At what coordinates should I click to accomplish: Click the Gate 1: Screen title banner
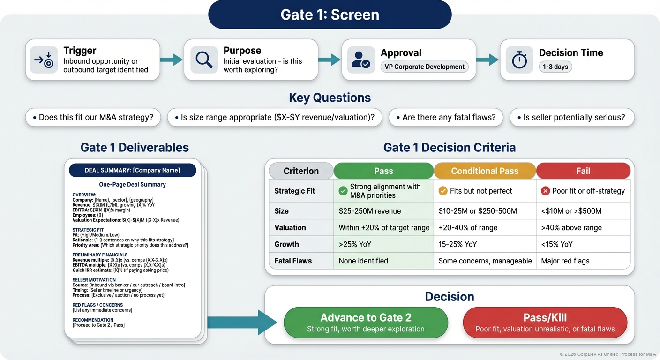(x=330, y=15)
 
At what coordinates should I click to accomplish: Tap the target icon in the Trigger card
(x=44, y=60)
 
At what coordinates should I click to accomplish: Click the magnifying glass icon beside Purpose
(x=204, y=60)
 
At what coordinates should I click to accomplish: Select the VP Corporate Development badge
(x=424, y=67)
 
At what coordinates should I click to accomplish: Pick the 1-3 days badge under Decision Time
(x=555, y=67)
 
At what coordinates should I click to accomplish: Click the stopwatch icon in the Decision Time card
(x=519, y=60)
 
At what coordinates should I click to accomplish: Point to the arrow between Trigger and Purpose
(x=171, y=59)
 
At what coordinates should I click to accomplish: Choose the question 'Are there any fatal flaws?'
(x=446, y=117)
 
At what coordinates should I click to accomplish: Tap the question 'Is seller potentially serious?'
(x=571, y=117)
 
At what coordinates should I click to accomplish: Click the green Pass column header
(x=383, y=171)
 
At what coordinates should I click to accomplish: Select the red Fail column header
(x=583, y=171)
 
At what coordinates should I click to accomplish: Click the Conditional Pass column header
(x=485, y=171)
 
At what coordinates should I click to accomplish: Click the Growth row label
(x=287, y=244)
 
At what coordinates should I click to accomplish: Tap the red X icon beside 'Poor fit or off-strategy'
(x=545, y=191)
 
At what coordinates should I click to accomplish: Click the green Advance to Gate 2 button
(x=366, y=322)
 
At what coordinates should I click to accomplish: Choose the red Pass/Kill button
(x=545, y=322)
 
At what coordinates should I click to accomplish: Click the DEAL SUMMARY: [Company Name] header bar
(x=132, y=170)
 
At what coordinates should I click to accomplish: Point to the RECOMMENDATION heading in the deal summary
(x=93, y=320)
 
